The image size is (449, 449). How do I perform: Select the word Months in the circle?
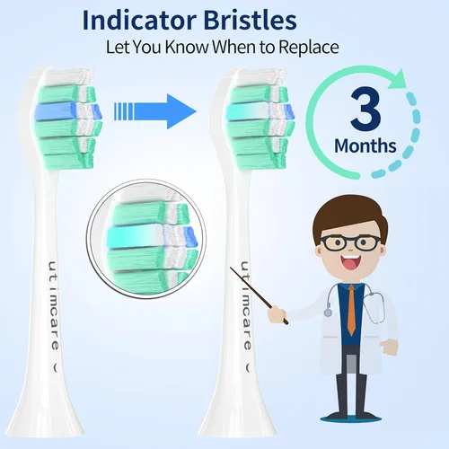tap(364, 145)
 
